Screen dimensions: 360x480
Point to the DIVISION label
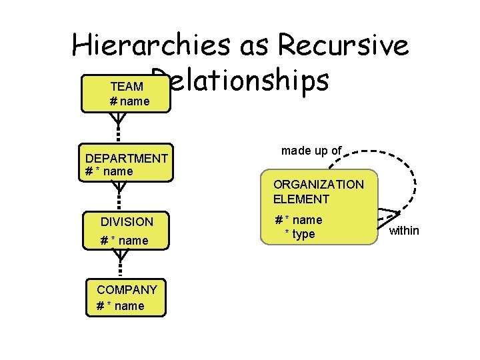tap(127, 221)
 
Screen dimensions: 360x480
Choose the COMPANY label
tap(127, 289)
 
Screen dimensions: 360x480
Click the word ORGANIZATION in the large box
tap(319, 184)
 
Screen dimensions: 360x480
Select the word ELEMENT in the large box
tap(301, 199)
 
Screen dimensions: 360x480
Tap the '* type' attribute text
tap(300, 234)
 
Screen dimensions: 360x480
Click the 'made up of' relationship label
tap(311, 151)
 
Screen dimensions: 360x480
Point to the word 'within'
tap(404, 231)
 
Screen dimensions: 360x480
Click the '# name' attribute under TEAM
tap(129, 101)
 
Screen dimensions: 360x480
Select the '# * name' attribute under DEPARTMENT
tap(109, 171)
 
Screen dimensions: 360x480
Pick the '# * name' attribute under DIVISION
tap(124, 240)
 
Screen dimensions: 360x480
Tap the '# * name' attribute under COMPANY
tap(120, 305)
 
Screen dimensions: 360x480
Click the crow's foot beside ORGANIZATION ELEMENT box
tap(387, 217)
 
